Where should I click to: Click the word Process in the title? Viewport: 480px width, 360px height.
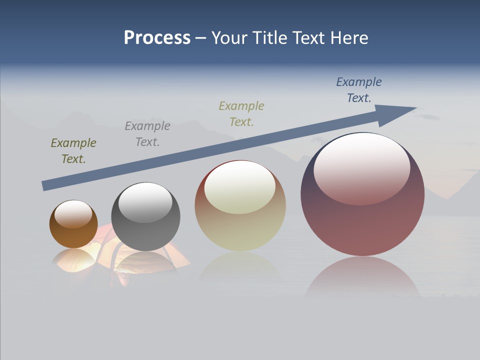pos(157,38)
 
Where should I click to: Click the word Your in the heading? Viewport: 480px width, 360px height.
pos(229,38)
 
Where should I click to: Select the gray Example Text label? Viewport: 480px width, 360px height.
pos(147,133)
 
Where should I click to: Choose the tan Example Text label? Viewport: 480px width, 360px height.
pos(241,113)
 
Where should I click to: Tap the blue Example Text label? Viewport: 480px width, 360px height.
pos(359,89)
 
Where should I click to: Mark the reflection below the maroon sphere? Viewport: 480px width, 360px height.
pos(362,277)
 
